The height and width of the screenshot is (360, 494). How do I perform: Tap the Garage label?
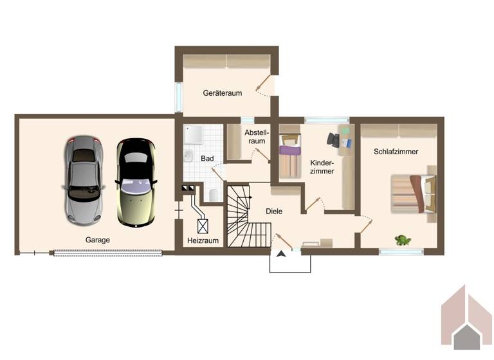point(98,240)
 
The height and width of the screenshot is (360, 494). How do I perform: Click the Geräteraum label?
point(223,93)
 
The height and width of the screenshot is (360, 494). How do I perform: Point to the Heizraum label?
point(203,240)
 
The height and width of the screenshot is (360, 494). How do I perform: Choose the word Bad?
point(207,158)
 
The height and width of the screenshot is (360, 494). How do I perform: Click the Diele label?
point(274,211)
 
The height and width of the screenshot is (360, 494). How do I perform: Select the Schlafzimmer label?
point(396,152)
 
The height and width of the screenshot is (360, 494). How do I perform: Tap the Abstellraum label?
point(256,136)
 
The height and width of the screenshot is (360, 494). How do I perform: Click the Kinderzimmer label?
point(322,166)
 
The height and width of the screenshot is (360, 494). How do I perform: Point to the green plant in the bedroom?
point(403,240)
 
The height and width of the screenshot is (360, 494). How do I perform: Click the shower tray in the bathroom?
point(194,134)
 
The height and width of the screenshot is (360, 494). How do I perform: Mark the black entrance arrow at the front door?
point(280,254)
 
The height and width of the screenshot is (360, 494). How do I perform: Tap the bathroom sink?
point(188,156)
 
